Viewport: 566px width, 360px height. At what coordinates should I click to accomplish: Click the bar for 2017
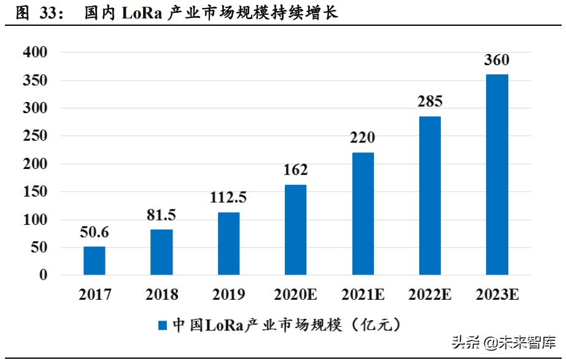click(x=95, y=260)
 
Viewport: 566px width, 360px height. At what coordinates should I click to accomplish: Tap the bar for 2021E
click(x=363, y=213)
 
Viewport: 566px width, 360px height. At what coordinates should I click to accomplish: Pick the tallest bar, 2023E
click(x=497, y=174)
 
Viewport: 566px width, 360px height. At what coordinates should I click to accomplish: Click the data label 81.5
click(x=161, y=215)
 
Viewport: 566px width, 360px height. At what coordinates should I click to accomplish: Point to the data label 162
click(x=295, y=170)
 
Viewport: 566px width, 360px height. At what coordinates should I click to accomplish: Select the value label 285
click(x=430, y=102)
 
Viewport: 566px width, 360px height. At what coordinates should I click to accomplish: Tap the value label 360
click(x=497, y=60)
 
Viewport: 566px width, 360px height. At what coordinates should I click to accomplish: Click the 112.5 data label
click(x=228, y=198)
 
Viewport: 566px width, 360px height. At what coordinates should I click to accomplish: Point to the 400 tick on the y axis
click(x=35, y=53)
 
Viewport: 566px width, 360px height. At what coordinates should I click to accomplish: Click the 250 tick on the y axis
click(x=35, y=136)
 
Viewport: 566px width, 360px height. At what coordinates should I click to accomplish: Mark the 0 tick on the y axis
click(x=43, y=275)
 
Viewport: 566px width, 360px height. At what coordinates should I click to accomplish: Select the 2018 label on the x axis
click(x=161, y=295)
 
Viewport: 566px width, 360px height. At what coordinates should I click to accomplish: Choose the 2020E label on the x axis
click(x=295, y=295)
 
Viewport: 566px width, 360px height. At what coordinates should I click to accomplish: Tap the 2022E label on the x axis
click(x=430, y=295)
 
